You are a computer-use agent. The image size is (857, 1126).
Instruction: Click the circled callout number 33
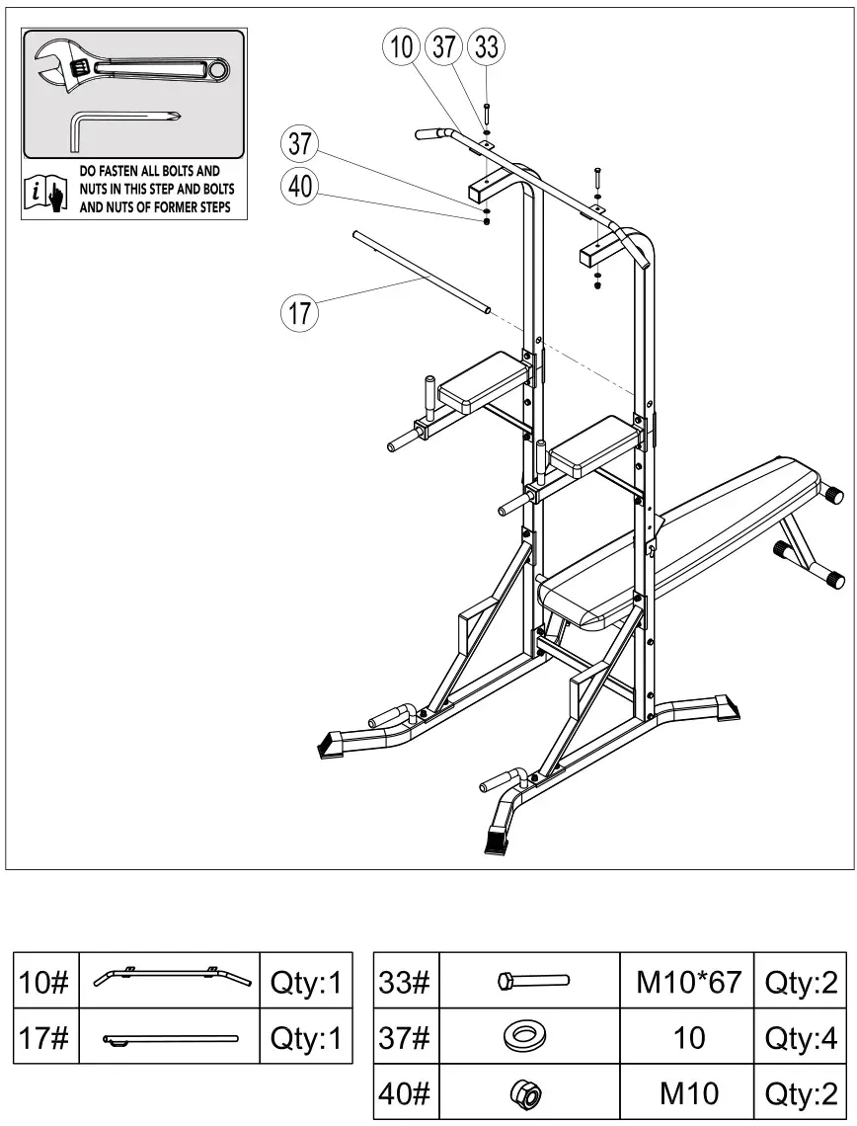487,46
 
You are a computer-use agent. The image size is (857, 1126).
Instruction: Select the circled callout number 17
300,314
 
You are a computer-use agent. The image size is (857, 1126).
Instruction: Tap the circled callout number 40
300,187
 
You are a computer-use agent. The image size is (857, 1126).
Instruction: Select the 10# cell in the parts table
45,983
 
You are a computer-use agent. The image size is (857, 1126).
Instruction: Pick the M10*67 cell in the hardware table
687,982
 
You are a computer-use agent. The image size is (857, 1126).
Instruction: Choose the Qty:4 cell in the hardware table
801,1037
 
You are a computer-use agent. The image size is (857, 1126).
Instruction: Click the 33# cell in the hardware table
405,982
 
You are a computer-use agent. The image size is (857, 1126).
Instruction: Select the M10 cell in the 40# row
687,1092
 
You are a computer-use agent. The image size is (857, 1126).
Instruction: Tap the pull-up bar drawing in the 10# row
168,979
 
